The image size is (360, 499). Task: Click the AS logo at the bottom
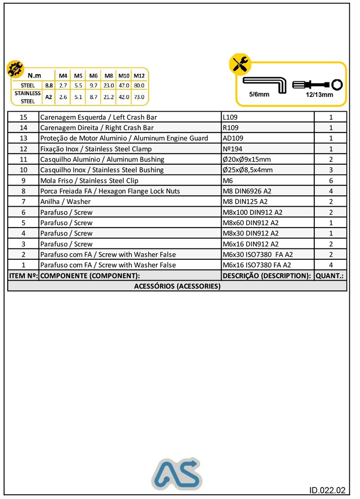click(x=176, y=474)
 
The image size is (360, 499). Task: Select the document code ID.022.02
click(x=327, y=490)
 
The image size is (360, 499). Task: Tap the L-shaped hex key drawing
click(x=264, y=83)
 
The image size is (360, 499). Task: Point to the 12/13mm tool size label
click(x=319, y=95)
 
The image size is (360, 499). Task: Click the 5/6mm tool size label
click(x=259, y=94)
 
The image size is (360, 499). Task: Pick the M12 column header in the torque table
click(x=139, y=76)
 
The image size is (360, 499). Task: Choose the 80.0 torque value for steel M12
click(x=139, y=85)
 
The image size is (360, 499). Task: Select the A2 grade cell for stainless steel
click(x=49, y=97)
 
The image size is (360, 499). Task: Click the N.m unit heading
click(x=34, y=76)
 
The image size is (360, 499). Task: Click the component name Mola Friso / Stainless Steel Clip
click(x=89, y=181)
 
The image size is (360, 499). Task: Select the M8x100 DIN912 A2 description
click(x=252, y=212)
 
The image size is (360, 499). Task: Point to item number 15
click(x=23, y=117)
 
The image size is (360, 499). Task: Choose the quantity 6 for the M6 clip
click(x=330, y=181)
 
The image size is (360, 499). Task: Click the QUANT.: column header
click(x=330, y=276)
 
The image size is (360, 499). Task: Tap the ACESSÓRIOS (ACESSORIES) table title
click(x=177, y=286)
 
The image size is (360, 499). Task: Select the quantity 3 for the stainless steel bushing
click(x=330, y=170)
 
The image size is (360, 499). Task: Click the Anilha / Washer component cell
click(x=65, y=202)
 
